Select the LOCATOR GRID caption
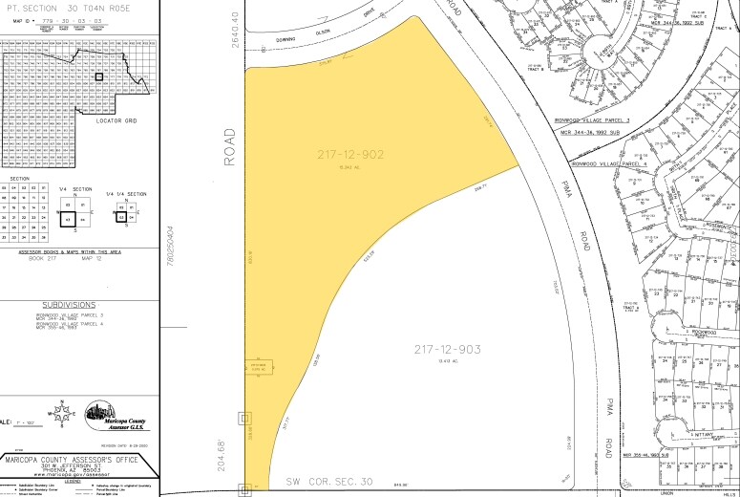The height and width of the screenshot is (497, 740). (116, 121)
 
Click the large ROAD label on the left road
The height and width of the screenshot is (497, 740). (230, 147)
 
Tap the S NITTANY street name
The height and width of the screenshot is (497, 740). (689, 436)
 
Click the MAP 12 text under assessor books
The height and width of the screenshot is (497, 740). (96, 257)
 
